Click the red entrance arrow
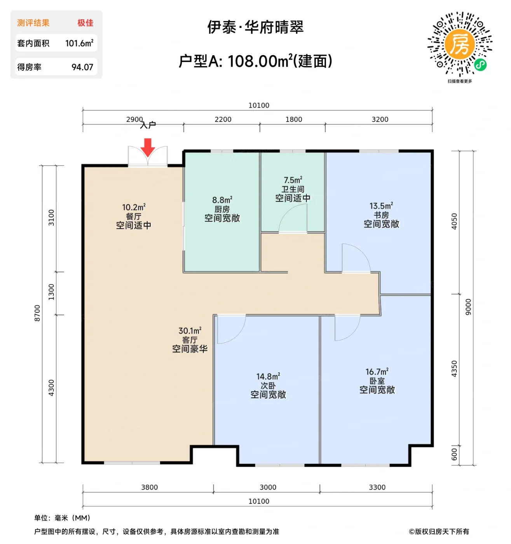coord(148,147)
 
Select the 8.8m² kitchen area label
coord(222,200)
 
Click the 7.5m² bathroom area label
coord(293,180)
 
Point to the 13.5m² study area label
coord(381,206)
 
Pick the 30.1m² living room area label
coord(190,331)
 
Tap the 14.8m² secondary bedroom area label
coord(268,377)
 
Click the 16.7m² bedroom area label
coord(377,372)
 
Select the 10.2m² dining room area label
coord(133,207)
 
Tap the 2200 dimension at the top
coord(223,119)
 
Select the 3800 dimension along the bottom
coord(149,487)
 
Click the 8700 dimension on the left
coord(37,313)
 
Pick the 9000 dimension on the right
coord(468,307)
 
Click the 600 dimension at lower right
coord(454,454)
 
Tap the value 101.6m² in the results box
coord(79,43)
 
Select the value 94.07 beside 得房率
coord(82,67)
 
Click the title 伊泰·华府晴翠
coord(255,27)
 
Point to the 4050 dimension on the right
coord(454,221)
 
